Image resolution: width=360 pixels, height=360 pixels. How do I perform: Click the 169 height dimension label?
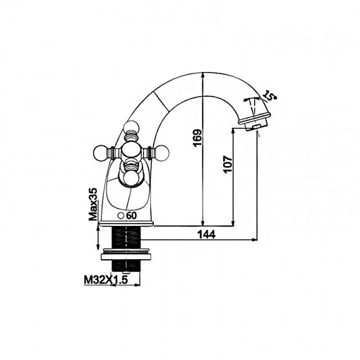pyautogui.click(x=198, y=138)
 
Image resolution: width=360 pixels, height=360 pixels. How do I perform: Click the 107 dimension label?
pyautogui.click(x=228, y=164)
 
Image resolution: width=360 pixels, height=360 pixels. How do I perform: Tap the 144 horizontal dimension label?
pyautogui.click(x=207, y=234)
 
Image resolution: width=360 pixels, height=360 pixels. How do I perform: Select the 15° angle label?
pyautogui.click(x=270, y=95)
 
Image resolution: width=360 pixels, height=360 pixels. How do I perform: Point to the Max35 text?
pyautogui.click(x=93, y=204)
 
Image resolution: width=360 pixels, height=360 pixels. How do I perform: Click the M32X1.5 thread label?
pyautogui.click(x=106, y=280)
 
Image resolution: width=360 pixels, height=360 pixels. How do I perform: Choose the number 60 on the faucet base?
pyautogui.click(x=132, y=215)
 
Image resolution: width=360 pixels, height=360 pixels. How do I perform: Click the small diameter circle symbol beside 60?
pyautogui.click(x=121, y=216)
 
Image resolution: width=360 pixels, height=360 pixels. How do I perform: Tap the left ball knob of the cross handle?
pyautogui.click(x=100, y=152)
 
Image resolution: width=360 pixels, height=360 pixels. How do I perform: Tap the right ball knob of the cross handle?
pyautogui.click(x=162, y=152)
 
